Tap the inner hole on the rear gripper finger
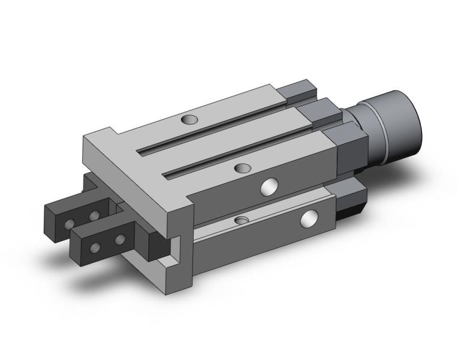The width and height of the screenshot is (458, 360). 94,215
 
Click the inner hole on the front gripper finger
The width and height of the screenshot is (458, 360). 120,239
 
